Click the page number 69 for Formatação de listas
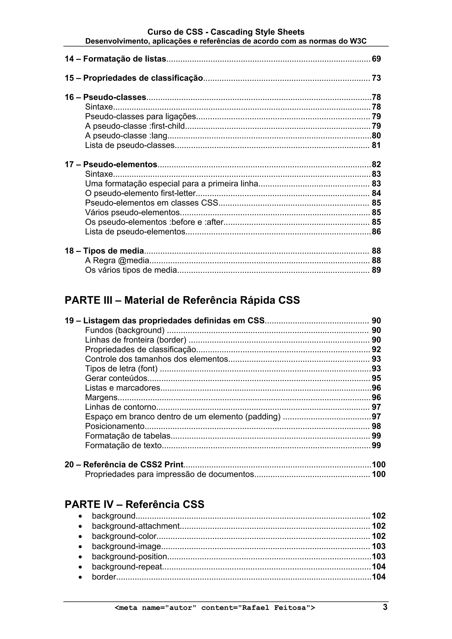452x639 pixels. tap(376, 59)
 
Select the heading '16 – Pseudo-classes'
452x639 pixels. tap(105, 97)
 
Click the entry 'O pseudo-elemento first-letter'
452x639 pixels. tap(140, 193)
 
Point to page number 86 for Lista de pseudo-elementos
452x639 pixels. tap(376, 232)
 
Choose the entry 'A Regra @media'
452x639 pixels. tap(117, 260)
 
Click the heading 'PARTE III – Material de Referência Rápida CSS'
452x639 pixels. tap(182, 300)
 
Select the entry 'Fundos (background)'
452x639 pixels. tap(125, 330)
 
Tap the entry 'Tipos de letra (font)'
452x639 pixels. tap(121, 369)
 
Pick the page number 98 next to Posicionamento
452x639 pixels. tap(376, 426)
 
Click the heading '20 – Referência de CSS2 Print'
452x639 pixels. tap(124, 465)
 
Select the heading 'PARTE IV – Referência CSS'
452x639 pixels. tap(134, 504)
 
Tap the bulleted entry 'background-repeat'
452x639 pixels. tap(127, 567)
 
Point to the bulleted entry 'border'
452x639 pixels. tap(104, 577)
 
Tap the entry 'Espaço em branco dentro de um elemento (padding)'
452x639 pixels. tap(183, 417)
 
